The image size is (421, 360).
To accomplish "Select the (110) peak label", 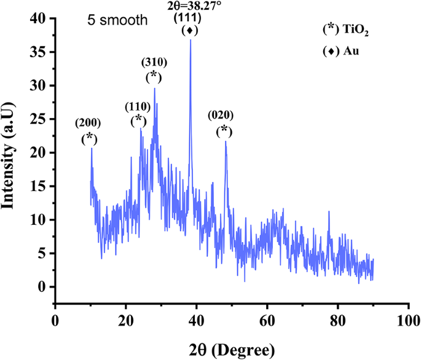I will [x=139, y=107].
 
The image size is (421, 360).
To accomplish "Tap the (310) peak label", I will [x=154, y=62].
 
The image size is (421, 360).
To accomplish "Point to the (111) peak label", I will [x=191, y=17].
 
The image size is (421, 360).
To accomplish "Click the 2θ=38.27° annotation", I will [x=191, y=4].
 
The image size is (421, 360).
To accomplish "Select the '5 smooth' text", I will [x=117, y=20].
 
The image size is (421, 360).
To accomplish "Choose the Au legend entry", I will [x=340, y=52].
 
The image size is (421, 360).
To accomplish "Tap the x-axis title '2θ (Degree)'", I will [x=231, y=350].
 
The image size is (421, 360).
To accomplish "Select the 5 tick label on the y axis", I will [x=42, y=253].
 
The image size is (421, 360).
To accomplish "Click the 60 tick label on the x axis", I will [x=267, y=320].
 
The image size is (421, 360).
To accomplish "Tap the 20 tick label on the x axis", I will [x=125, y=320].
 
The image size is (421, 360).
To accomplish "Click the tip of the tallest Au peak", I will [x=191, y=40].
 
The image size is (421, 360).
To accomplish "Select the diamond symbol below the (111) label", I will [x=191, y=30].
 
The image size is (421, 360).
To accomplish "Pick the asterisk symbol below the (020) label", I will [x=225, y=130].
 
